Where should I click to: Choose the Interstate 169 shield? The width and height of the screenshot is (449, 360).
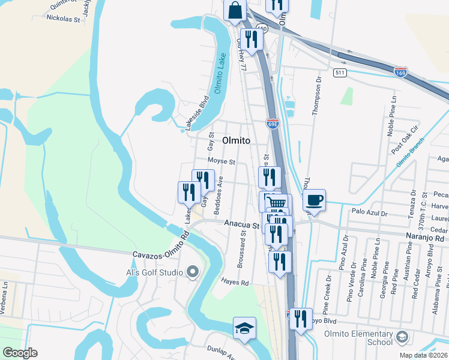coord(401,72)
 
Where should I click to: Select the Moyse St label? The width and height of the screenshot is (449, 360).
coord(221,161)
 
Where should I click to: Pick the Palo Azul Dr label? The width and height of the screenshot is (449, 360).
coord(370,212)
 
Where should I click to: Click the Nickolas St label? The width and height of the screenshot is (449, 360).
coord(63,19)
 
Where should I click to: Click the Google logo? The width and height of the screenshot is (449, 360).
coord(20,353)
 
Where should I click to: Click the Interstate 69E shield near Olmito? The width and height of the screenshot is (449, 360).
coord(272,123)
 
